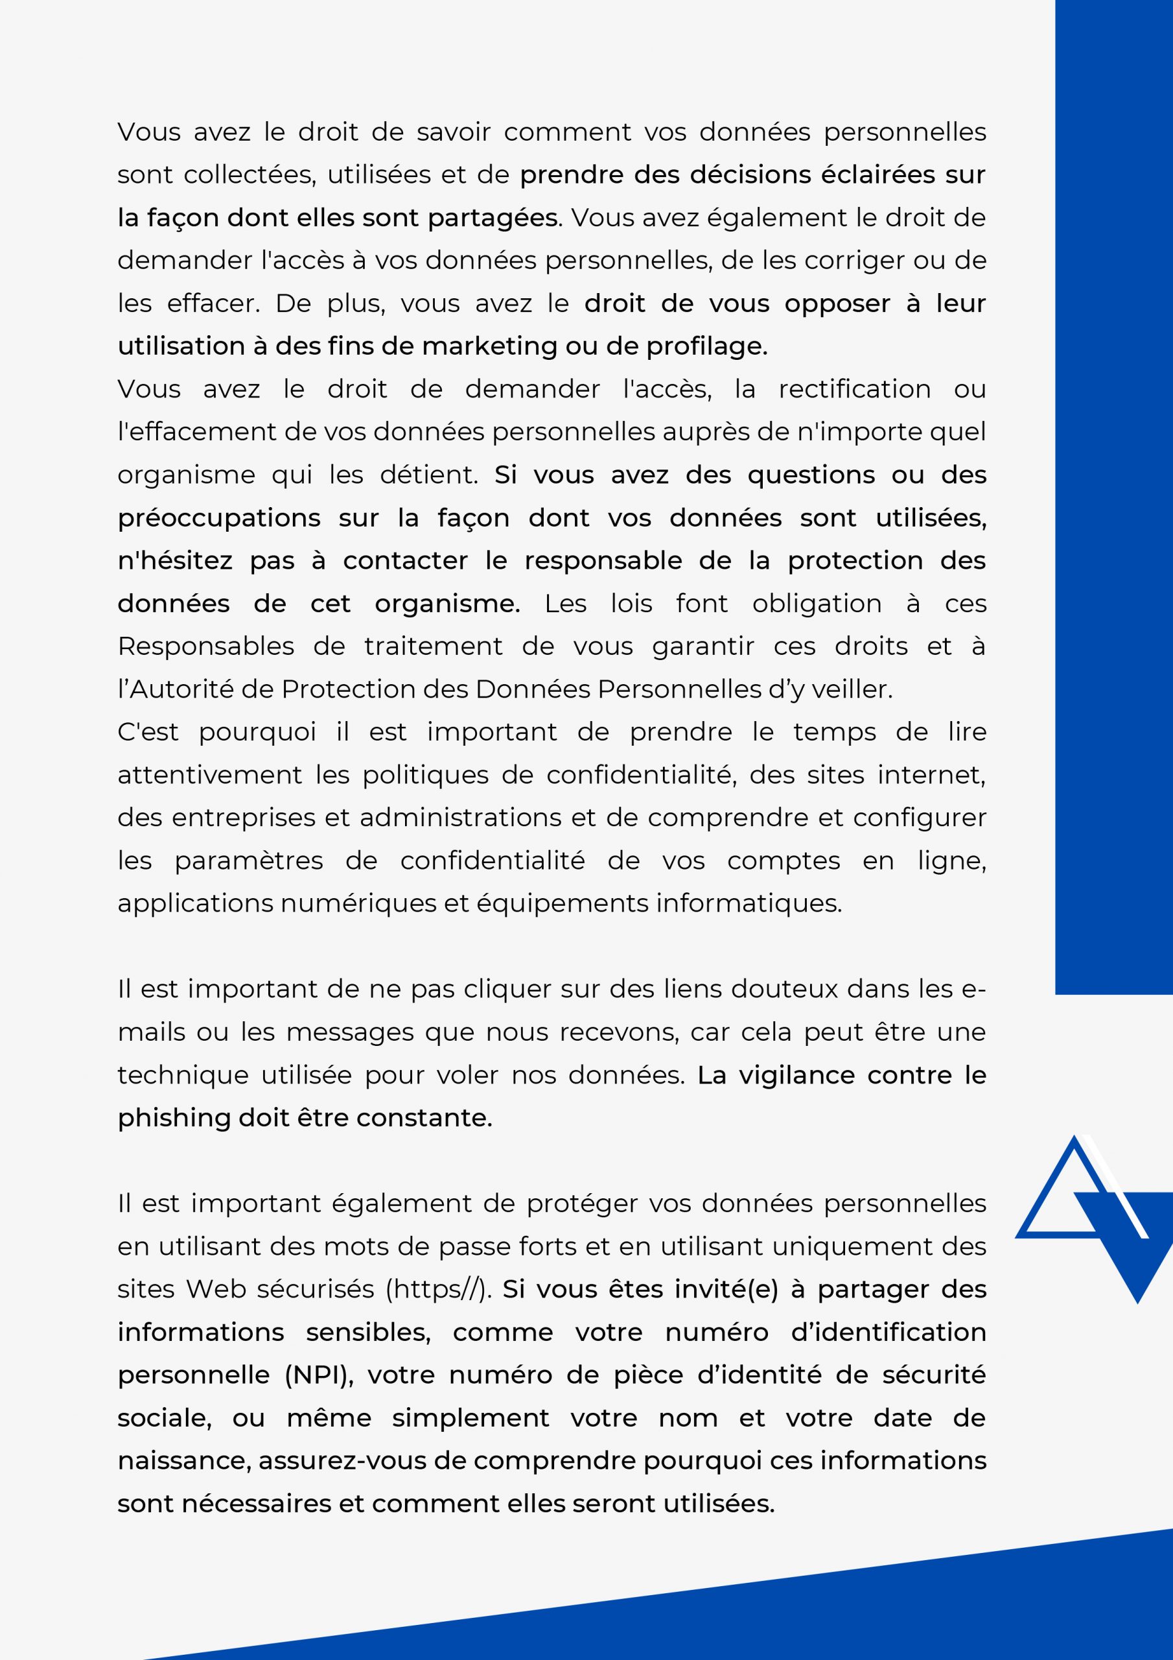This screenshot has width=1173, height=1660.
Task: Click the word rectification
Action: pos(854,389)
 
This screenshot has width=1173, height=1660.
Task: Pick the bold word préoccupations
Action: pos(219,518)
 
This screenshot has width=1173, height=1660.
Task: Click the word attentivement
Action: pos(209,775)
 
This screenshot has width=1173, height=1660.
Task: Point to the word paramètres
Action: pos(249,861)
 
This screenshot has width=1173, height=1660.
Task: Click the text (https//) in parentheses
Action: pos(438,1289)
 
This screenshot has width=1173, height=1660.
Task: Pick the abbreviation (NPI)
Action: pos(318,1375)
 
